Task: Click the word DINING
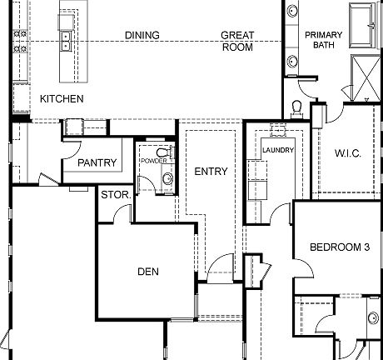[142, 36]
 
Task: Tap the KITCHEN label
[62, 98]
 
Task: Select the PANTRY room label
[97, 163]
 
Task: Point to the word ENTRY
[211, 172]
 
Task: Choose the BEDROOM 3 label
[339, 247]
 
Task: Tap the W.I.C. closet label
[346, 154]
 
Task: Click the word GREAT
[236, 36]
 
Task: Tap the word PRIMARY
[324, 35]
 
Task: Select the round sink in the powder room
[167, 178]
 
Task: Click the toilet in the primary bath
[296, 107]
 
